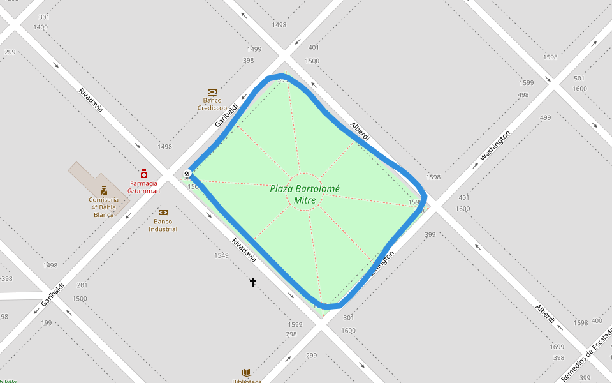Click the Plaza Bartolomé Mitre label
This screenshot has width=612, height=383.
305,194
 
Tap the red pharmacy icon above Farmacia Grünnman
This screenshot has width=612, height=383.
144,173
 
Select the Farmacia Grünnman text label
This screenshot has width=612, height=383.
143,187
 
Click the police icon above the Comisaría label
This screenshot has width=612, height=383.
103,190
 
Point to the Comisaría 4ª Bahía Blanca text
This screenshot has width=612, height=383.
103,207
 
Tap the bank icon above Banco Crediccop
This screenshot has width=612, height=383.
212,92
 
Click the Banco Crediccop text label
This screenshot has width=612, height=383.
212,104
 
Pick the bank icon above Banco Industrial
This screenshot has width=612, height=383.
163,213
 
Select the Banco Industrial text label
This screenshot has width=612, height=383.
163,225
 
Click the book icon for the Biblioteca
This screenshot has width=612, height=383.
246,372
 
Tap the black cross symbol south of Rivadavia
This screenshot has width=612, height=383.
253,282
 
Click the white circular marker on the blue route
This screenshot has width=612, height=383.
187,174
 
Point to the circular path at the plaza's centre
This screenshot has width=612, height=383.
305,191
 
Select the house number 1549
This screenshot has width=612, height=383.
221,255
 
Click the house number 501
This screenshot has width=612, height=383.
579,79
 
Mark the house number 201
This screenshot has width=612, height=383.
82,285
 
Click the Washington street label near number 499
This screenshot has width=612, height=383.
495,146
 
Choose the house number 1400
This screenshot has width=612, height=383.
40,27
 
